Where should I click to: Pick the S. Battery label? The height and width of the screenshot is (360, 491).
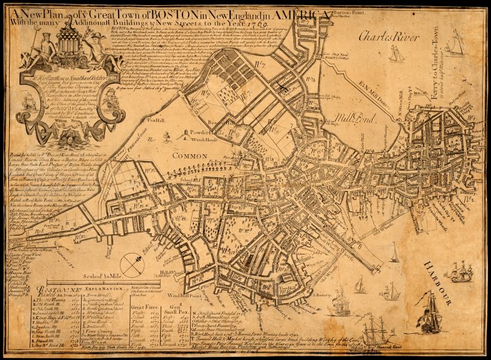323,294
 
